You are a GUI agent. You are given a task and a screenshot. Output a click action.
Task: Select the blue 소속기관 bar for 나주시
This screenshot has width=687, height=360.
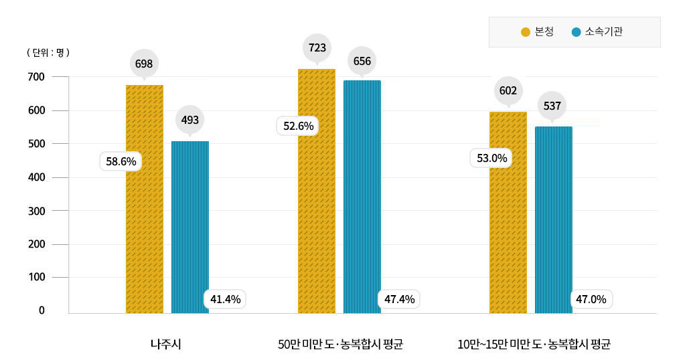[190, 228]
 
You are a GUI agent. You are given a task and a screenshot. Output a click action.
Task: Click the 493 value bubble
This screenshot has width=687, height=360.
[190, 120]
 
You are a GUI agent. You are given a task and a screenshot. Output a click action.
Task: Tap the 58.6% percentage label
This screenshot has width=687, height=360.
[121, 161]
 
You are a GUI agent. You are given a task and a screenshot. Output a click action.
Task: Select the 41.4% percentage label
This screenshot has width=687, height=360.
[226, 299]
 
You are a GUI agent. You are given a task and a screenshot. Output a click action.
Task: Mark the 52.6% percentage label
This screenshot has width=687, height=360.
[299, 126]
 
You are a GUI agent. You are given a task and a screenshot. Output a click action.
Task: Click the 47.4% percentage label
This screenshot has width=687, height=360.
[400, 299]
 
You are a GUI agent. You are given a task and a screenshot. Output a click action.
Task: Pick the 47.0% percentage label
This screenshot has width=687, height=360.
[591, 299]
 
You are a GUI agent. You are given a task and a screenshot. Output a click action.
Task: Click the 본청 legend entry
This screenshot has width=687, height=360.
[538, 32]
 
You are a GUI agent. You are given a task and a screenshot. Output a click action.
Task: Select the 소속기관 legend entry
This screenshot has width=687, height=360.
[597, 32]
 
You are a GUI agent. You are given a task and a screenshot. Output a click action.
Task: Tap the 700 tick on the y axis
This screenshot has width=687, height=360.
[37, 77]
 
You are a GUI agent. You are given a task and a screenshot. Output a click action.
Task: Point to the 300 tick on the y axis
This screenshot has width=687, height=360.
[37, 211]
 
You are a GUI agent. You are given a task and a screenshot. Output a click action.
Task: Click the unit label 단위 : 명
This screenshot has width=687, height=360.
[48, 52]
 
